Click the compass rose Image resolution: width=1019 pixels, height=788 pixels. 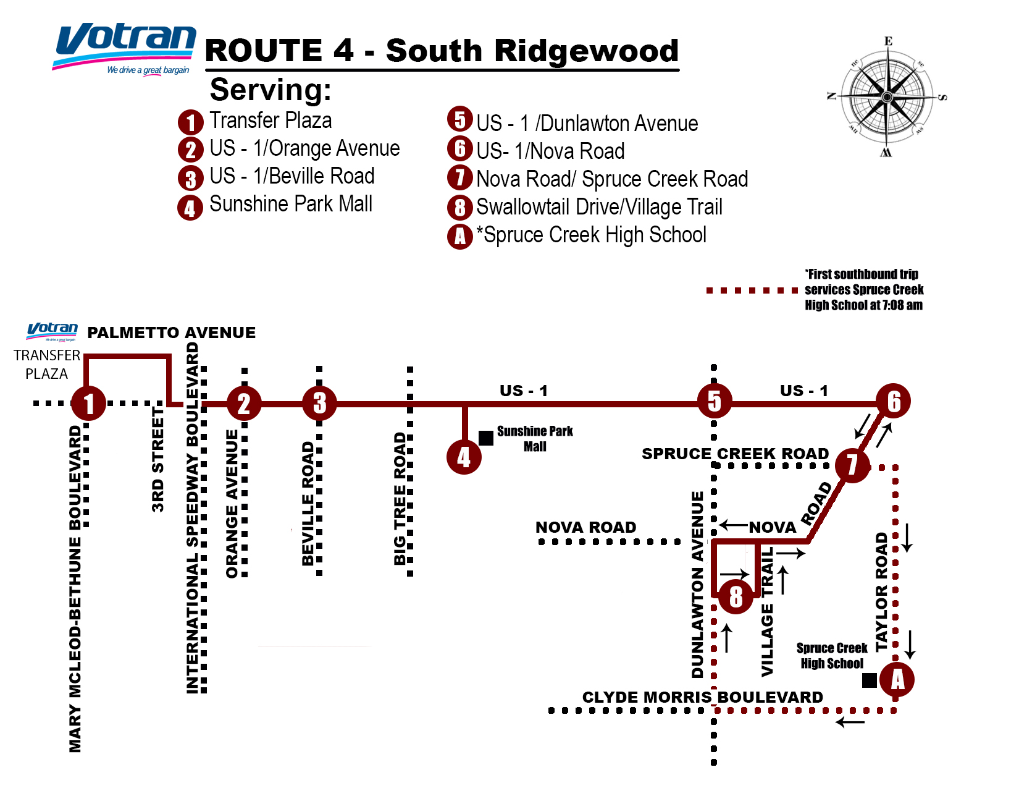[x=887, y=97]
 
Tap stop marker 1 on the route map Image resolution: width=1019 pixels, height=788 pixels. [x=89, y=403]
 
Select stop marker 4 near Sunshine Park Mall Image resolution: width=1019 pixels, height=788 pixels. [x=464, y=457]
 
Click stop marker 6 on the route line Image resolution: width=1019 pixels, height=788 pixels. [x=893, y=402]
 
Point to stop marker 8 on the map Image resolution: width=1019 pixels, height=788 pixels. [x=736, y=596]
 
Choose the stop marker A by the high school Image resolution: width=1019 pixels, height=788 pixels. [x=897, y=680]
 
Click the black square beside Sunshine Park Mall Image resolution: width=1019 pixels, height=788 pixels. [x=486, y=438]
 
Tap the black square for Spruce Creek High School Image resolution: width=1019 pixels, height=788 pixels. [x=870, y=680]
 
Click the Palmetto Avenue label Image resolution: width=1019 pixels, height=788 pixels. [x=172, y=333]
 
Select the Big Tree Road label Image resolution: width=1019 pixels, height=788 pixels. [x=400, y=499]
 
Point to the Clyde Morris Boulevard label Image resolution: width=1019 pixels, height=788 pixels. [x=702, y=697]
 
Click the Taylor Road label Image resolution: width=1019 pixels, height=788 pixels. [x=881, y=591]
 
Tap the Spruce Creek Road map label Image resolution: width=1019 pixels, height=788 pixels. [x=735, y=454]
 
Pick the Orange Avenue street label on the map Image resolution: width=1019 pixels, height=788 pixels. [x=232, y=504]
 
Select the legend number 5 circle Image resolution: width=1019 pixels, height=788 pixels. [x=459, y=119]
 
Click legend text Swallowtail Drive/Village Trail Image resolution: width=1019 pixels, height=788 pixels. [x=599, y=207]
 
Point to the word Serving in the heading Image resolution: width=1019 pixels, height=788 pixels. [x=270, y=90]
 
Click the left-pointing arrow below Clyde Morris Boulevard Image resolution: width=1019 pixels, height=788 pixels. [x=850, y=722]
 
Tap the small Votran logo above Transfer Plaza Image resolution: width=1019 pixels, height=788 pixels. [x=52, y=331]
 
